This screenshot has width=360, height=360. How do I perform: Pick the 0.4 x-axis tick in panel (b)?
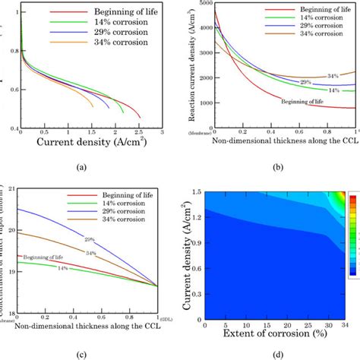[x=262, y=131]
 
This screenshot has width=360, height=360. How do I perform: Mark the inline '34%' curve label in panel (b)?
[x=332, y=76]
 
